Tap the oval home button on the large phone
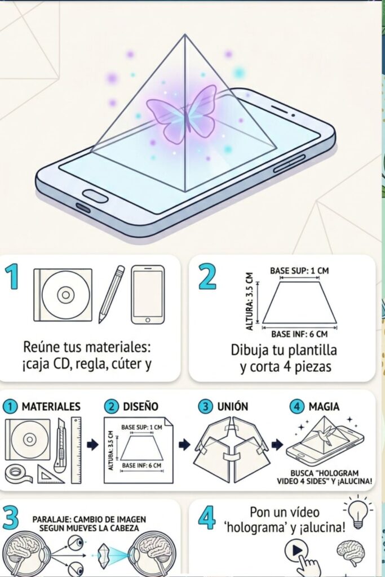pyautogui.click(x=95, y=196)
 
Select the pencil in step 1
pyautogui.click(x=112, y=294)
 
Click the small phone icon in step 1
pyautogui.click(x=148, y=294)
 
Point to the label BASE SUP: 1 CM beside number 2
pyautogui.click(x=299, y=271)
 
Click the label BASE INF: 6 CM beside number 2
pyautogui.click(x=299, y=334)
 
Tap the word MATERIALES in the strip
pyautogui.click(x=51, y=406)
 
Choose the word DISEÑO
pyautogui.click(x=140, y=406)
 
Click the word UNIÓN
pyautogui.click(x=233, y=406)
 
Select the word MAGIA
pyautogui.click(x=324, y=406)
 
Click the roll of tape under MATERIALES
pyautogui.click(x=18, y=473)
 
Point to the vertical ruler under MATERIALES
pyautogui.click(x=76, y=450)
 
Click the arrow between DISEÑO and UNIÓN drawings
pyautogui.click(x=184, y=445)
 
